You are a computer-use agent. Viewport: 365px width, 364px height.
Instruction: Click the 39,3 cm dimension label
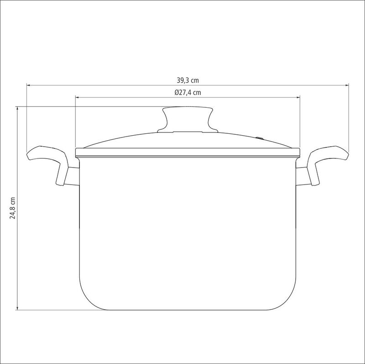coord(188,80)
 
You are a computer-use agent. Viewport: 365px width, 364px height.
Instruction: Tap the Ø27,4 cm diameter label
coord(188,93)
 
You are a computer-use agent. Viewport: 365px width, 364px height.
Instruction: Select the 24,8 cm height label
coord(13,208)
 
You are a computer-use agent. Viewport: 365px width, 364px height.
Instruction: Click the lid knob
coord(188,120)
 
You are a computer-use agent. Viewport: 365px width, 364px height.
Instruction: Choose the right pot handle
coord(328,163)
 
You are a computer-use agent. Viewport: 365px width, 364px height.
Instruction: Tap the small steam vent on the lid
coord(260,138)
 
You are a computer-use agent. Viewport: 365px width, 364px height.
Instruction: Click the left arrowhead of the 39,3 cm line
coord(28,85)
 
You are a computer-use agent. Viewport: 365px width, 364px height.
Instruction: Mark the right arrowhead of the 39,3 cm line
coord(347,85)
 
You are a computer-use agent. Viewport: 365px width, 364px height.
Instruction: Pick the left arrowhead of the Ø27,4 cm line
coord(77,97)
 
